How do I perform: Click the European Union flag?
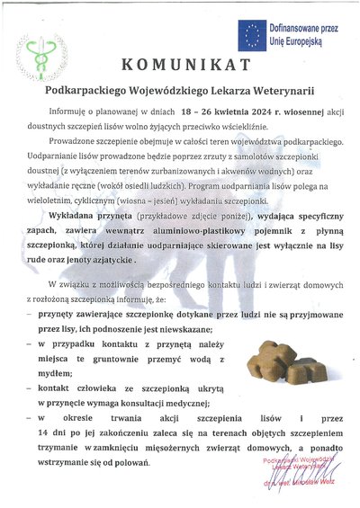tap(251, 35)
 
